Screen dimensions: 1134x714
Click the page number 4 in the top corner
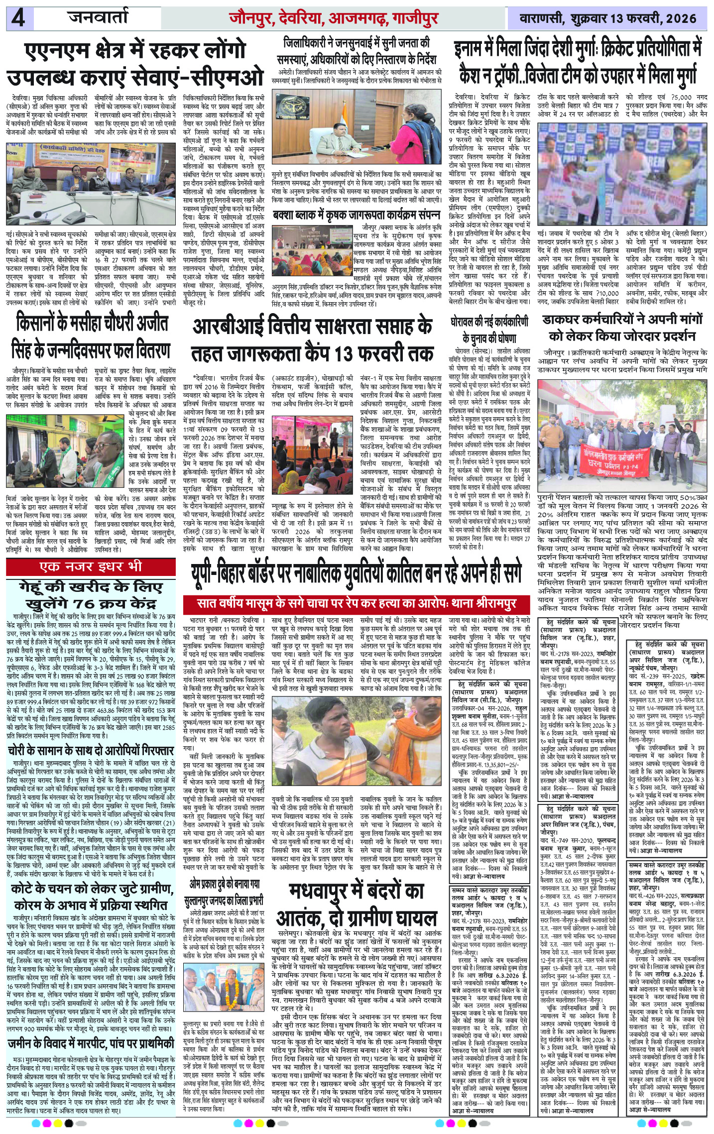(19, 19)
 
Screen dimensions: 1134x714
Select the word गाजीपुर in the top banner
(415, 18)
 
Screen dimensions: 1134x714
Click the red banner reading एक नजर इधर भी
(91, 567)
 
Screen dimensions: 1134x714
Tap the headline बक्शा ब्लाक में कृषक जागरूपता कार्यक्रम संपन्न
(357, 216)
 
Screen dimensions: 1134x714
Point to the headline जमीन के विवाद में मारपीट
(91, 1026)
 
